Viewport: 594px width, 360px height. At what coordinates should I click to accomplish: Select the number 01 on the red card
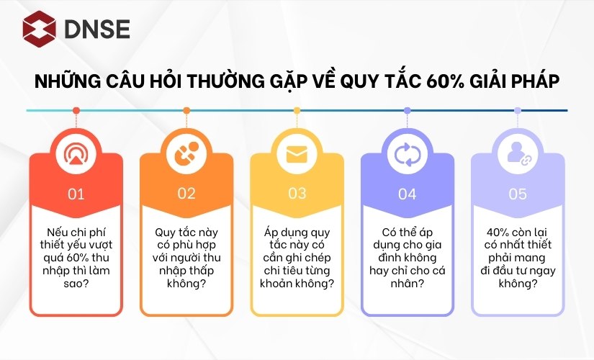[76, 194]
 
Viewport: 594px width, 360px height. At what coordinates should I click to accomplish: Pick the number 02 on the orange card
[186, 194]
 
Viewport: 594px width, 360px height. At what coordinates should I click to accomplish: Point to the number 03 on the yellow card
[297, 194]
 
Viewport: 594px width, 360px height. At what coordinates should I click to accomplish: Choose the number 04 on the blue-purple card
[408, 194]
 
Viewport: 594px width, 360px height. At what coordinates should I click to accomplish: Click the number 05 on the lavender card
[518, 194]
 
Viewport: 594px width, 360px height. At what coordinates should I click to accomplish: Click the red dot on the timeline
[76, 111]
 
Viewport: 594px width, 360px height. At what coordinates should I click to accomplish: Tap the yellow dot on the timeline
[297, 111]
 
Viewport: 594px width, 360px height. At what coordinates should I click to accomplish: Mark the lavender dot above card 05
[518, 111]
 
